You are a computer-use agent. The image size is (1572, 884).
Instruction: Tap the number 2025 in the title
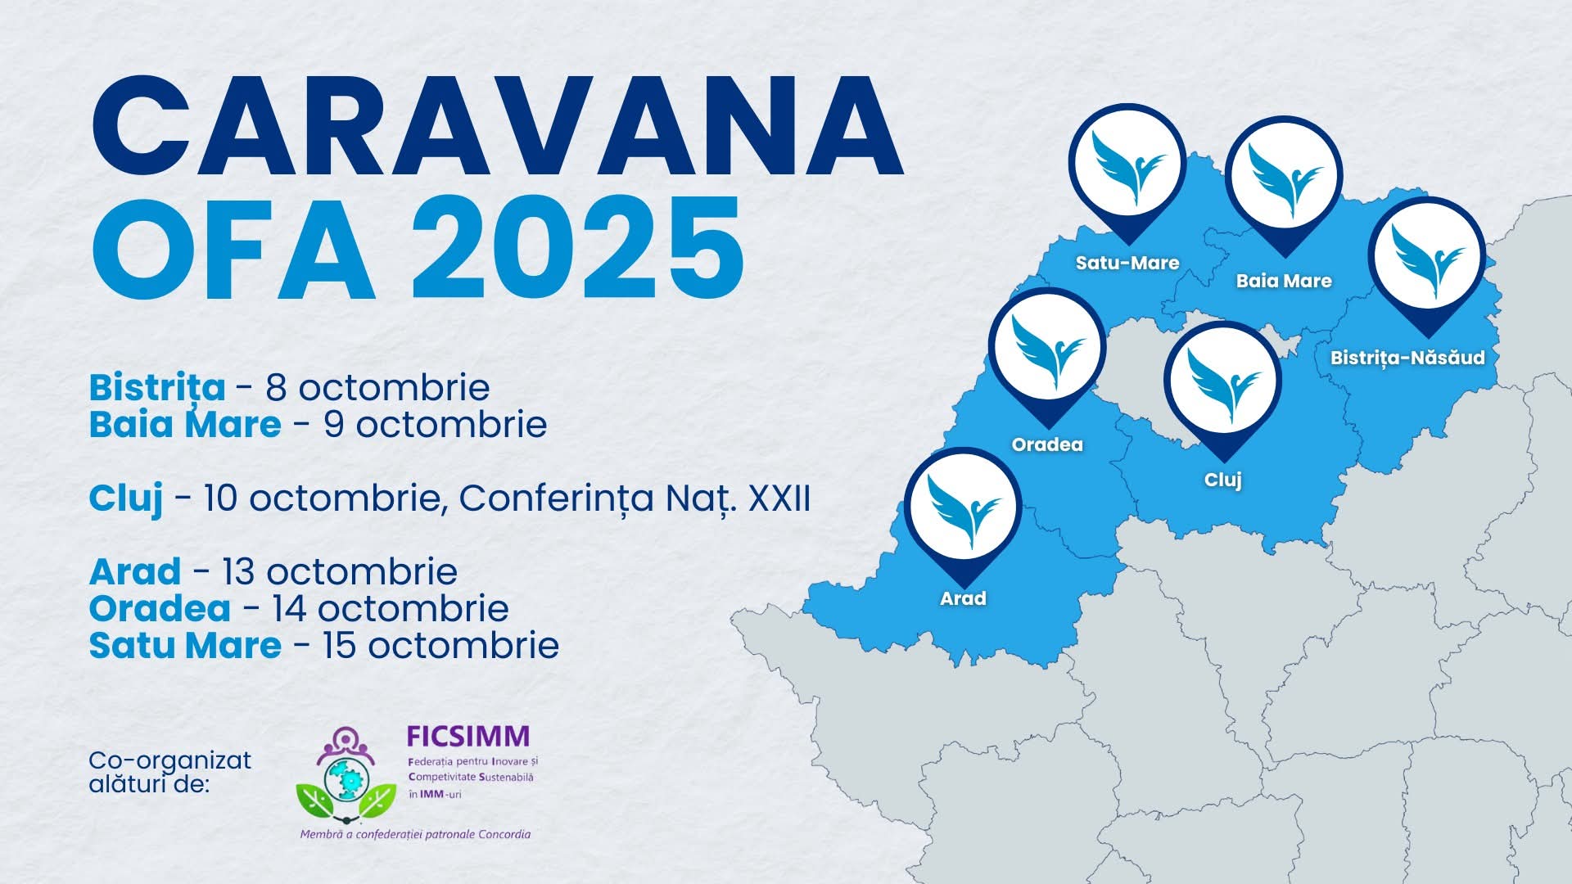(x=578, y=246)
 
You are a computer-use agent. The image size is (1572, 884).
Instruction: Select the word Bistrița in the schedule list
(x=157, y=389)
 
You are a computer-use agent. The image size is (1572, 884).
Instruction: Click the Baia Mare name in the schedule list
(x=185, y=425)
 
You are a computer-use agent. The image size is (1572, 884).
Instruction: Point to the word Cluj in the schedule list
(x=126, y=498)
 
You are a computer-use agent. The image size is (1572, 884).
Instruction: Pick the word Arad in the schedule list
(x=135, y=571)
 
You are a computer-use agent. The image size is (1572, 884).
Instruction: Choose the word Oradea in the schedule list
(x=160, y=608)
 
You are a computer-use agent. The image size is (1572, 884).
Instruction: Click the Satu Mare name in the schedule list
(x=185, y=645)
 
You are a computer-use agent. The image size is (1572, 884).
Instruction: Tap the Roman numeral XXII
(x=779, y=498)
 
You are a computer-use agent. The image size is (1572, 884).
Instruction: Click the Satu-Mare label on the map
(x=1127, y=263)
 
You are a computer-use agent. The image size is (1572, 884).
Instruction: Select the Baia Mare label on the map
(x=1284, y=281)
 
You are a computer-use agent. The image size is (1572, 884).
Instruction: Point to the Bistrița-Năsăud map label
(x=1407, y=358)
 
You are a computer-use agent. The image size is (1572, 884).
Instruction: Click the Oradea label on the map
(x=1047, y=444)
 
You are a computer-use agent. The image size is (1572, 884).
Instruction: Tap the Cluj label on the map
(x=1223, y=480)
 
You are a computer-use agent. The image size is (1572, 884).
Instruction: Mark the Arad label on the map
(x=963, y=598)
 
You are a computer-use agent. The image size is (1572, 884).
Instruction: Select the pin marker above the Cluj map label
(x=1223, y=385)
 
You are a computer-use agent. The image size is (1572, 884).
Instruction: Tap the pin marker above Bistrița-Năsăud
(x=1427, y=260)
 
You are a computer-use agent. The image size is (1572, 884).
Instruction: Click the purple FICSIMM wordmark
(x=468, y=736)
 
